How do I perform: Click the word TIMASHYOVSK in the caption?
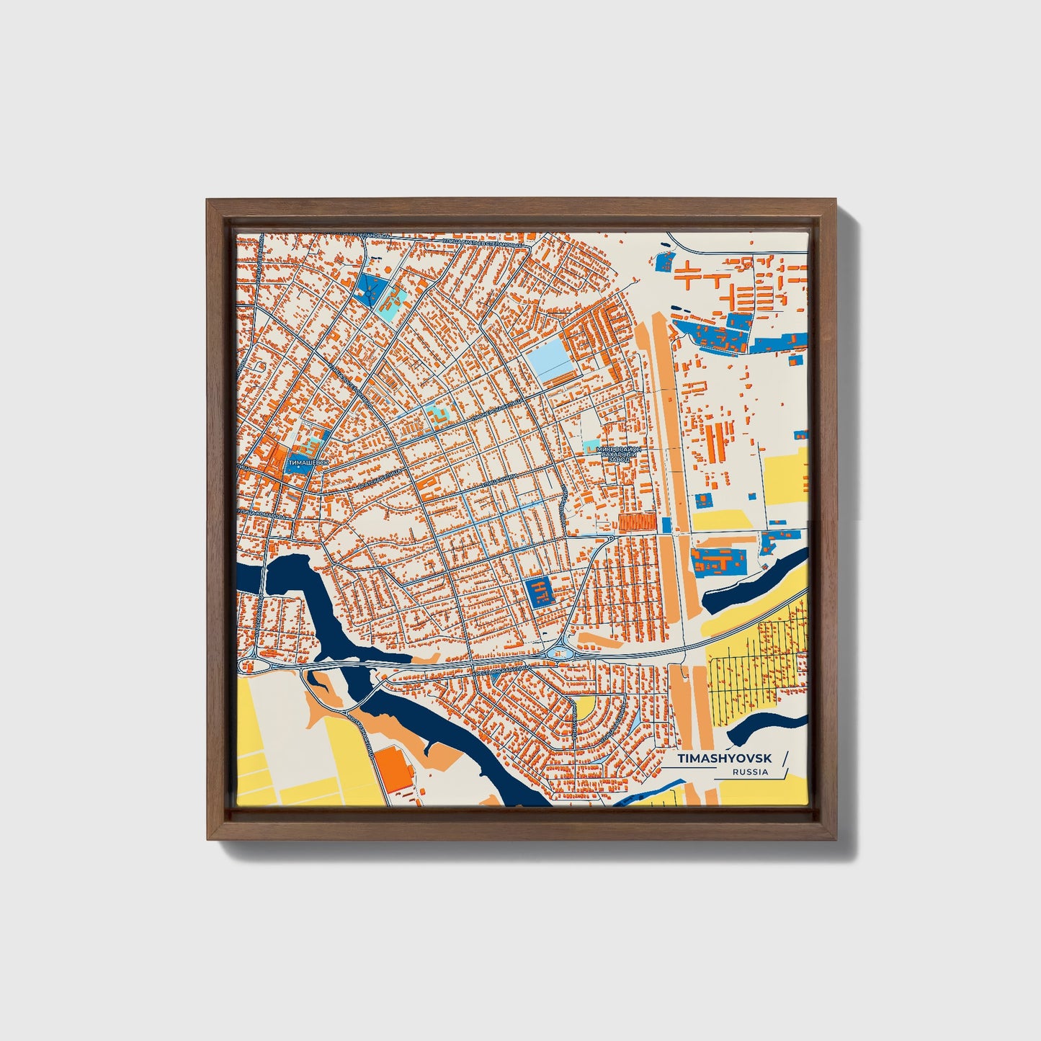[724, 759]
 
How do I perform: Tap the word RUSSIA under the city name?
[750, 772]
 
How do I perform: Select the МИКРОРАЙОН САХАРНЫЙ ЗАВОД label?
[618, 454]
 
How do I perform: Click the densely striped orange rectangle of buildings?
[637, 522]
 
